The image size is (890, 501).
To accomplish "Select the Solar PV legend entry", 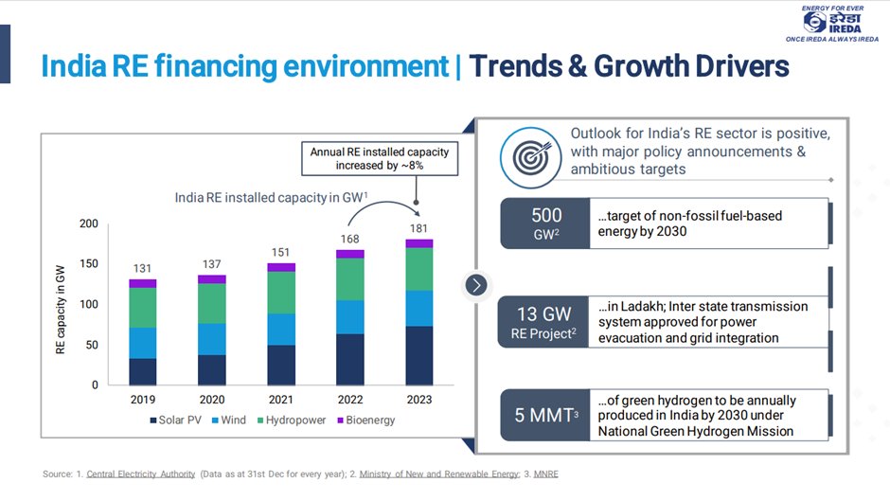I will [x=179, y=420].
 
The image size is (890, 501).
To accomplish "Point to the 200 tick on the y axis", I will [x=88, y=224].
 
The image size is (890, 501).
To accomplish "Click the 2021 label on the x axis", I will [x=280, y=400].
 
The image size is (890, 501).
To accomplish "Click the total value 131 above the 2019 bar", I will [x=143, y=268].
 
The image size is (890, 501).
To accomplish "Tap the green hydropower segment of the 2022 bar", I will [x=349, y=279].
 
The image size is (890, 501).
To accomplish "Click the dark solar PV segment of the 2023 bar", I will [x=418, y=356].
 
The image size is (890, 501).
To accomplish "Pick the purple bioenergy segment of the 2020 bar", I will [x=212, y=279].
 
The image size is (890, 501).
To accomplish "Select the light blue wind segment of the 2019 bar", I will [x=143, y=343].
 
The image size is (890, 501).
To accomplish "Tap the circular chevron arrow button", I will [x=476, y=284].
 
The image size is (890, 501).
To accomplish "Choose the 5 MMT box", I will [x=546, y=415].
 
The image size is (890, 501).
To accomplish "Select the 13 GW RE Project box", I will [x=546, y=322].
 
